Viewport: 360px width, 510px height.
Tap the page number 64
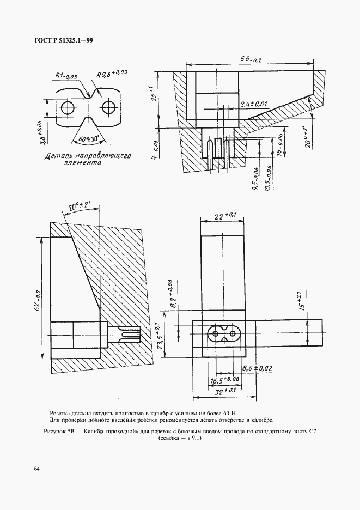(36, 469)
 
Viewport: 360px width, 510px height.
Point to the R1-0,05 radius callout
(66, 76)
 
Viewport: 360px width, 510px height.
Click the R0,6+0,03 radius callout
(111, 74)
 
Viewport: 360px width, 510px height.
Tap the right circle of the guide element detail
(108, 107)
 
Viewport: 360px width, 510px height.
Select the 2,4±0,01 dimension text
(254, 104)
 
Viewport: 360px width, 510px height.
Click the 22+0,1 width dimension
(223, 215)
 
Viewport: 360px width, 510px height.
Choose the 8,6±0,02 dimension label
(257, 368)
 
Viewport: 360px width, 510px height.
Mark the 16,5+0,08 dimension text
(225, 380)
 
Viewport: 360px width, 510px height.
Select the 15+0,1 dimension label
(301, 301)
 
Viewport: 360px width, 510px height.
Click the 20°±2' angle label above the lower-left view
(80, 208)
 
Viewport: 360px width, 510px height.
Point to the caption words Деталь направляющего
(88, 156)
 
